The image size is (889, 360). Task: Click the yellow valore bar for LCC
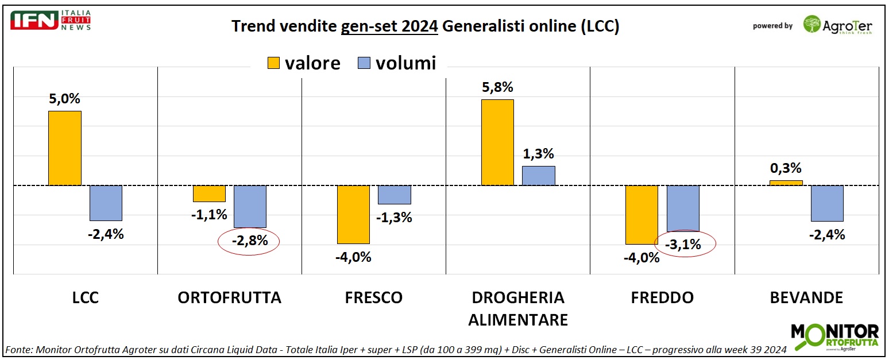point(65,148)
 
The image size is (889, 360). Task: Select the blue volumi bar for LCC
point(106,203)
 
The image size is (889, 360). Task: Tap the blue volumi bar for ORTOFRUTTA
point(250,206)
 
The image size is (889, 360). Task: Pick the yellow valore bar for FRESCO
point(353,214)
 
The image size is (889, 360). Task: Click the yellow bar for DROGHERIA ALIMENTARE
point(497,142)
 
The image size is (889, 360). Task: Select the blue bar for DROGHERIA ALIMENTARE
point(538,176)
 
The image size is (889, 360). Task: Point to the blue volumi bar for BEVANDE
point(826,203)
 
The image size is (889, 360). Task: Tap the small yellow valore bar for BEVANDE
point(786,183)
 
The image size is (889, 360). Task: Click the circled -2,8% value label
point(249,242)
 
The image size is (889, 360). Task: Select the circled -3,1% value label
point(682,245)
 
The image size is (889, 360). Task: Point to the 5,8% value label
point(497,88)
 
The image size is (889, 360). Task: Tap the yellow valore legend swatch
point(273,63)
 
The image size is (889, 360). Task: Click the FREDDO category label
point(662,297)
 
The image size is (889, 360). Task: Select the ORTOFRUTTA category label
point(229,297)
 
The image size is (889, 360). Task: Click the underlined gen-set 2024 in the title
point(389,26)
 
